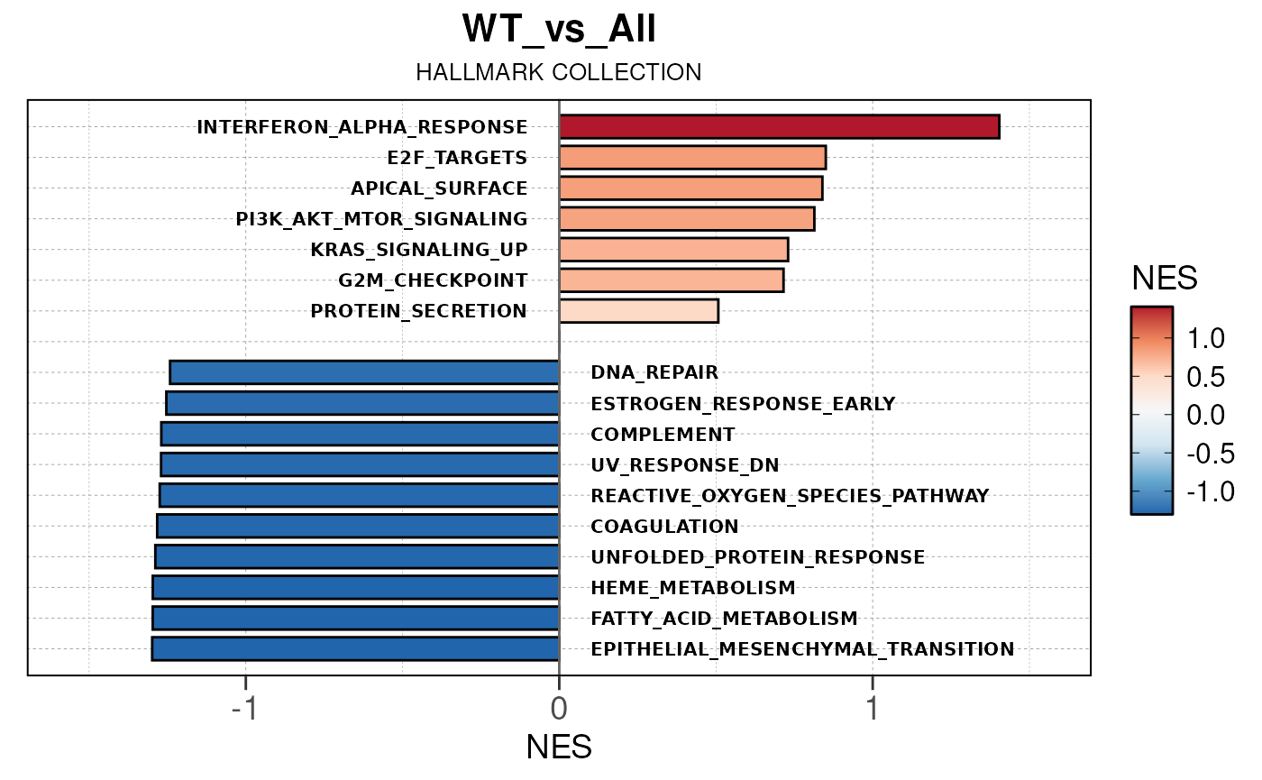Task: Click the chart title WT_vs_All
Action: point(559,30)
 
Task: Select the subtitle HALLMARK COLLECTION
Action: point(559,73)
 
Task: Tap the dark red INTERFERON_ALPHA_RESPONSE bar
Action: point(779,127)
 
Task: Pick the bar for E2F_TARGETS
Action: point(692,158)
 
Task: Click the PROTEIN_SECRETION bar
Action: point(638,311)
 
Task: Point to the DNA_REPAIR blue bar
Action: point(364,372)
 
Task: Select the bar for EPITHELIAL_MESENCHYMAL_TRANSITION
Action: point(355,648)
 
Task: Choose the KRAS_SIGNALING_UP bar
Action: point(673,250)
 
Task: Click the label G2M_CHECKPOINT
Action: point(433,280)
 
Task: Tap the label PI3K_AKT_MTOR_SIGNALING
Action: point(381,219)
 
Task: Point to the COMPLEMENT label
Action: point(663,435)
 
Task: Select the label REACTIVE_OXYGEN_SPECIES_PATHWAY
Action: point(790,496)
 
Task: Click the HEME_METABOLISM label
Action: point(693,588)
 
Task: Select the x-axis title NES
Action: point(559,747)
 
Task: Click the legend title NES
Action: point(1165,279)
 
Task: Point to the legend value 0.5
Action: point(1205,377)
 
